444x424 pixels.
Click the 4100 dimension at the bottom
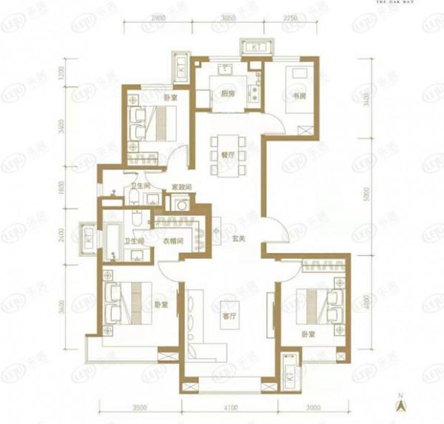pos(229,407)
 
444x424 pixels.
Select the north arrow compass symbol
pos(401,403)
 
